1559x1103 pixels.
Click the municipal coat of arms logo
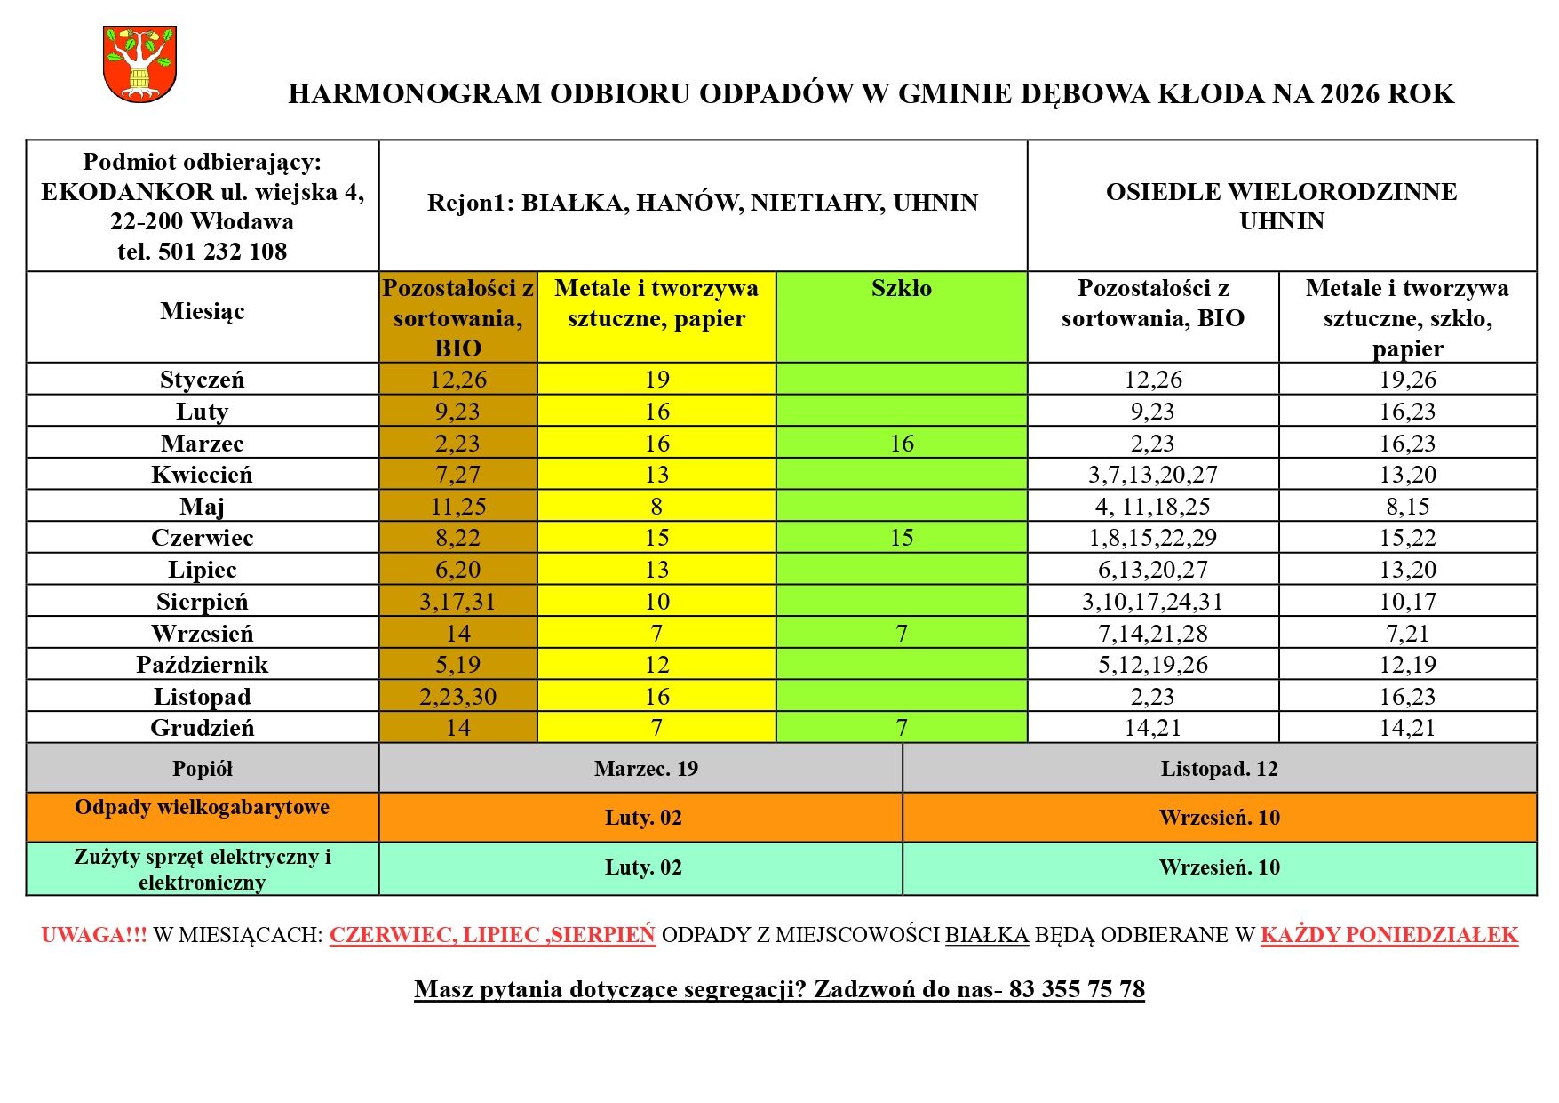point(139,63)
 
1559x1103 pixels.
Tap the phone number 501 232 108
point(222,252)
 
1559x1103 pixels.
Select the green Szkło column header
point(901,289)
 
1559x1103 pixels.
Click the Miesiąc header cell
point(203,311)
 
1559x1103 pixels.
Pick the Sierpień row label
point(203,602)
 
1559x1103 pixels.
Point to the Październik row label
point(203,665)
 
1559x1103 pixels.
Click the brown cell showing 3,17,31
point(457,602)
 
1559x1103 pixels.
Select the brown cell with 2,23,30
point(457,697)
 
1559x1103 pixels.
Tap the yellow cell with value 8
point(656,507)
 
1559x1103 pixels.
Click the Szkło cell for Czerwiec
point(901,538)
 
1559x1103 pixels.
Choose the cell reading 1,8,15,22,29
point(1152,538)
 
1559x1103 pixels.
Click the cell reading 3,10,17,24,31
point(1152,602)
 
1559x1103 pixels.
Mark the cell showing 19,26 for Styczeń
point(1407,380)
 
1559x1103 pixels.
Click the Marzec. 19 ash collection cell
point(646,769)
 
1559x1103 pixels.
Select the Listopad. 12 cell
point(1219,769)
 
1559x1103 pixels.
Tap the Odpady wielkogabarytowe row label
point(203,807)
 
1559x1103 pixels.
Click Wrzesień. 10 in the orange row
point(1219,818)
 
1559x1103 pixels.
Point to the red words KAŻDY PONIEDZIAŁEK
point(1388,935)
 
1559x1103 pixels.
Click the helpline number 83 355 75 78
point(1077,989)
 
